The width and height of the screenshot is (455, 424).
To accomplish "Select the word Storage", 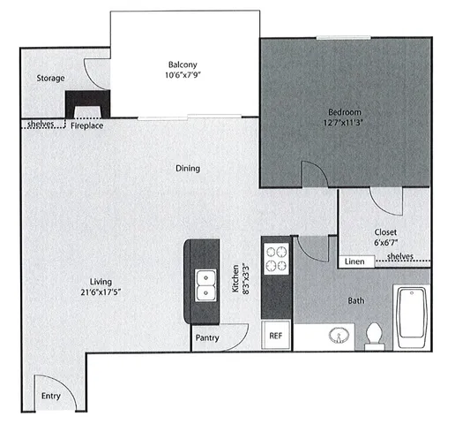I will (50, 79).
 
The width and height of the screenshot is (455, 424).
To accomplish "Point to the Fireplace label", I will (87, 126).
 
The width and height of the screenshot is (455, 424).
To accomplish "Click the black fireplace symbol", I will (85, 102).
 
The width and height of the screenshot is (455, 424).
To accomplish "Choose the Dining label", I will (187, 168).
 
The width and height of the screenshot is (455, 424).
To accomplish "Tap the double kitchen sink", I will (205, 284).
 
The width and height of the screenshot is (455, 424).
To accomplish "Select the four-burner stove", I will (277, 258).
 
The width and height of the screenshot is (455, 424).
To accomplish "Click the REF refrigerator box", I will (276, 336).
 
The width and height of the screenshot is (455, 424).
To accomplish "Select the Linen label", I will (354, 261).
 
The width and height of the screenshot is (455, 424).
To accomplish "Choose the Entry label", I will (51, 397).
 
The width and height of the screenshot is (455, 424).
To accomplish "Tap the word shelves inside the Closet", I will (401, 257).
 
